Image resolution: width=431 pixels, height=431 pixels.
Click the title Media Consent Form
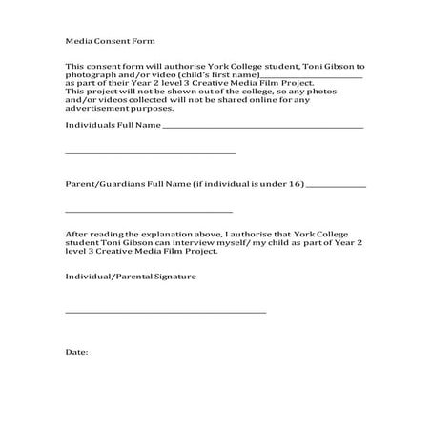click(x=109, y=42)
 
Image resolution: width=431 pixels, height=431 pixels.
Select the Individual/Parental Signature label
click(x=130, y=276)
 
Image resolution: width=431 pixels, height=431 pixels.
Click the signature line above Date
click(x=165, y=313)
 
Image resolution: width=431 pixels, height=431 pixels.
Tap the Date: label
click(x=76, y=352)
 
